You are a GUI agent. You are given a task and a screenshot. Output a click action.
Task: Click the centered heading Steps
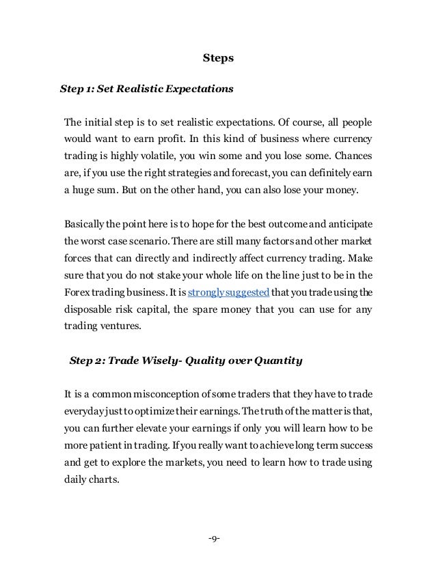tap(219, 58)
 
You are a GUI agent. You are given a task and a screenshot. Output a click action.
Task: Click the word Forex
tap(76, 292)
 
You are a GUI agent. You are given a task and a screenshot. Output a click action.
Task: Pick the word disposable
tap(90, 309)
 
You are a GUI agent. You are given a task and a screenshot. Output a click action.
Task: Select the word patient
tap(103, 445)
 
